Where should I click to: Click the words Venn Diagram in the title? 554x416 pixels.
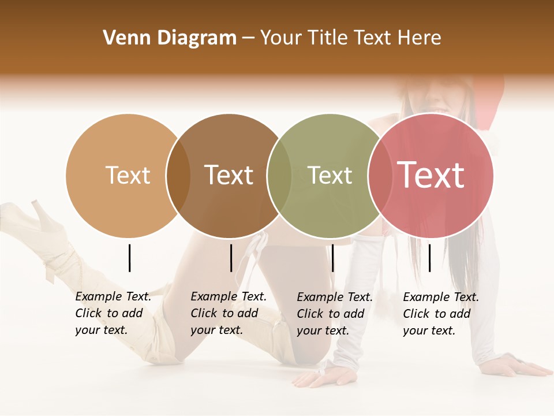(x=170, y=38)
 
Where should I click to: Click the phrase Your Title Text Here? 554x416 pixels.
(x=350, y=38)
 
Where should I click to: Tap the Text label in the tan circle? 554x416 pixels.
(x=128, y=175)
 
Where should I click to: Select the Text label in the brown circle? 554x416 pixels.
(x=229, y=175)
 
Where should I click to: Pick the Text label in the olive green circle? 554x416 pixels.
(x=330, y=175)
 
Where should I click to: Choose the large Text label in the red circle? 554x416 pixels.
(x=431, y=175)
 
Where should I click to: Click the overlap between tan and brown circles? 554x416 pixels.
(x=178, y=176)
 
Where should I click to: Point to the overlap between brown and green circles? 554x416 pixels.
(x=279, y=176)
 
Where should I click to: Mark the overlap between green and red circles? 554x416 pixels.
(x=379, y=176)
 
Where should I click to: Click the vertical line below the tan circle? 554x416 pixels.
(x=129, y=258)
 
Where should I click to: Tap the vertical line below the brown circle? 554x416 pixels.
(x=231, y=258)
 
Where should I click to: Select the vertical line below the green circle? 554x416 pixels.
(x=332, y=258)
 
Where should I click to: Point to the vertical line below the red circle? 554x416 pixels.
(x=429, y=258)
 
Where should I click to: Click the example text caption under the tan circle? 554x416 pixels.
(x=113, y=313)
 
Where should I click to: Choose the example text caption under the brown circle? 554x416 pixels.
(x=228, y=313)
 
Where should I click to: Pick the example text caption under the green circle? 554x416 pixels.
(x=334, y=314)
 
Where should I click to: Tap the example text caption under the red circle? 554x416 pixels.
(x=440, y=314)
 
